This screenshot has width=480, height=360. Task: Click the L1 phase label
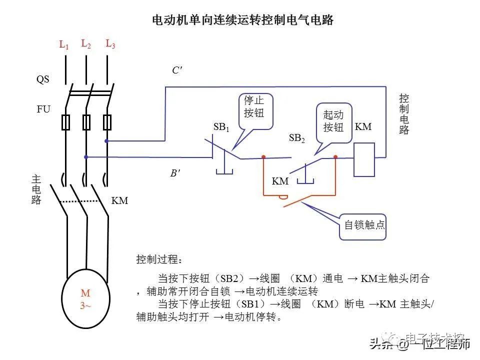pyautogui.click(x=64, y=45)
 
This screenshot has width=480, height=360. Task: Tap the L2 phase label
pyautogui.click(x=86, y=44)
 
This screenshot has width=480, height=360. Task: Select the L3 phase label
pyautogui.click(x=110, y=44)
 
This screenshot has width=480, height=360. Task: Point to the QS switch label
pyautogui.click(x=43, y=79)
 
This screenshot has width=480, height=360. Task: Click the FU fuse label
pyautogui.click(x=43, y=109)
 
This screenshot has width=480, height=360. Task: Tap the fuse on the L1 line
pyautogui.click(x=65, y=122)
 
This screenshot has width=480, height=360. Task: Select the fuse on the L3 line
pyautogui.click(x=106, y=122)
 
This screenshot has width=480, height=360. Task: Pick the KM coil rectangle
pyautogui.click(x=364, y=160)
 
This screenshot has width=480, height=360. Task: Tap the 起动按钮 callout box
pyautogui.click(x=333, y=121)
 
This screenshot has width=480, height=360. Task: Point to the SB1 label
pyautogui.click(x=221, y=127)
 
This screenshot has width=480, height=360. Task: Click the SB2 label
pyautogui.click(x=297, y=138)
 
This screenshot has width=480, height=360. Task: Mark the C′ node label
pyautogui.click(x=177, y=70)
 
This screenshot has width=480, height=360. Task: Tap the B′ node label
pyautogui.click(x=175, y=174)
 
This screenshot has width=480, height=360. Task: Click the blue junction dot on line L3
pyautogui.click(x=106, y=141)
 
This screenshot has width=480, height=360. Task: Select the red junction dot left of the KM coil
pyautogui.click(x=335, y=157)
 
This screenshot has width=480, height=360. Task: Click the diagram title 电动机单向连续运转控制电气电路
pyautogui.click(x=242, y=20)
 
